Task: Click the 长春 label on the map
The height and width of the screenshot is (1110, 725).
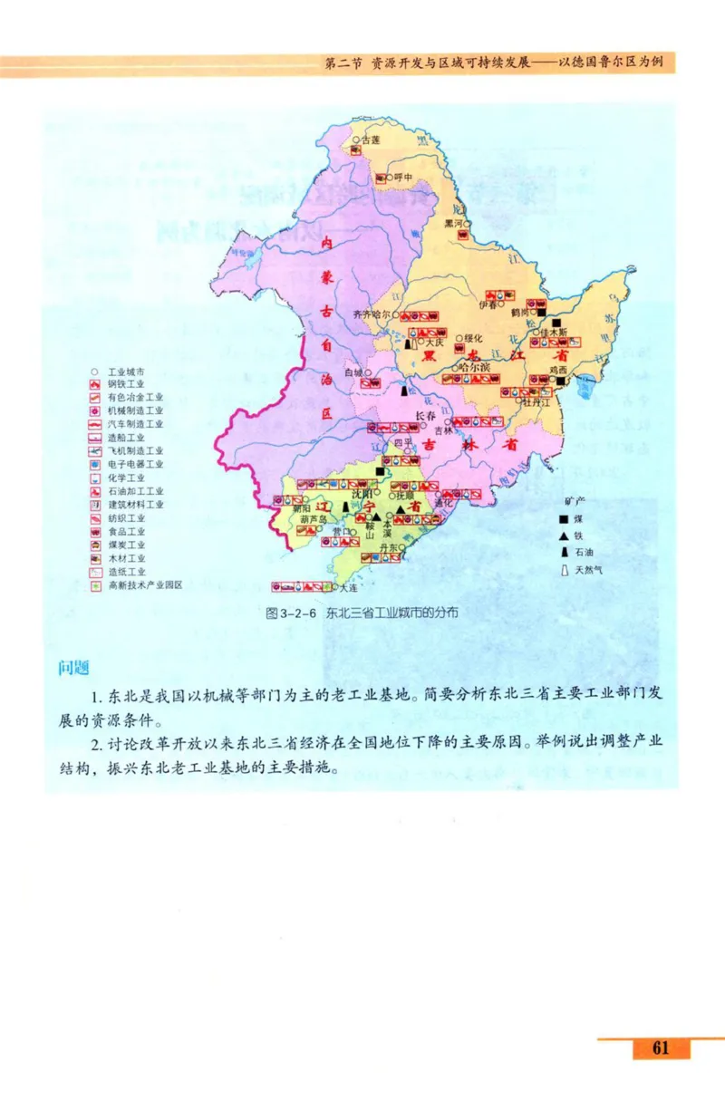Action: pyautogui.click(x=425, y=416)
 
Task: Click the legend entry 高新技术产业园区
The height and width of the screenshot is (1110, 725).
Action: pyautogui.click(x=145, y=585)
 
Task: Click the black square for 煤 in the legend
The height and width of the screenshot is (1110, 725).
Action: pyautogui.click(x=564, y=518)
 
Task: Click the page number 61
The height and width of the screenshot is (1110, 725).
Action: pyautogui.click(x=660, y=1048)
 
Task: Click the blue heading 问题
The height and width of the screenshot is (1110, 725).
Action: pyautogui.click(x=72, y=668)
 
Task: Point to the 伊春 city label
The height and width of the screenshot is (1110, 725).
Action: pyautogui.click(x=488, y=305)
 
